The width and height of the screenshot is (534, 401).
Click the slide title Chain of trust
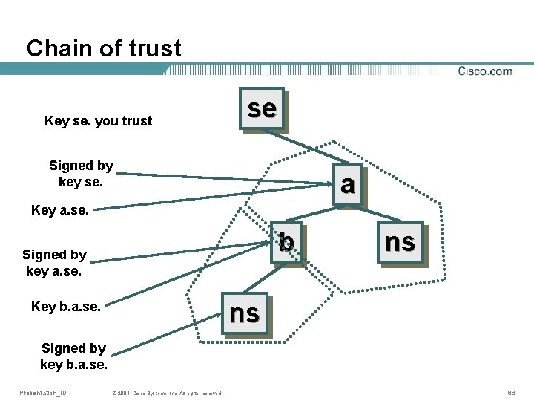(104, 49)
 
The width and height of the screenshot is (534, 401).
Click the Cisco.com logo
(485, 71)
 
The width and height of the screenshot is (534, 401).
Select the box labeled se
(262, 109)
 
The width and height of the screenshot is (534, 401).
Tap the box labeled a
(346, 183)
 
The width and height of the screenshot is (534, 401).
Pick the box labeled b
(287, 243)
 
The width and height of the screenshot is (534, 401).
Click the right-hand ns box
(400, 242)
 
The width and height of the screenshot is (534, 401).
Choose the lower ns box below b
(245, 314)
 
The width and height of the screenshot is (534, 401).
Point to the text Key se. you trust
(98, 121)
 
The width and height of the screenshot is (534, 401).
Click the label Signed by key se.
(81, 173)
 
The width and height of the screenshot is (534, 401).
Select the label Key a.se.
(60, 210)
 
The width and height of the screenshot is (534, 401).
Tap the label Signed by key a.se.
(55, 262)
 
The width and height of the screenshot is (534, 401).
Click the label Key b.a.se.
(66, 306)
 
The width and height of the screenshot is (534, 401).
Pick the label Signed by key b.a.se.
(73, 356)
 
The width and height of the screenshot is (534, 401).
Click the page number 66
(511, 392)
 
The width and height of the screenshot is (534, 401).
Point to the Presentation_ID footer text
(42, 392)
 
